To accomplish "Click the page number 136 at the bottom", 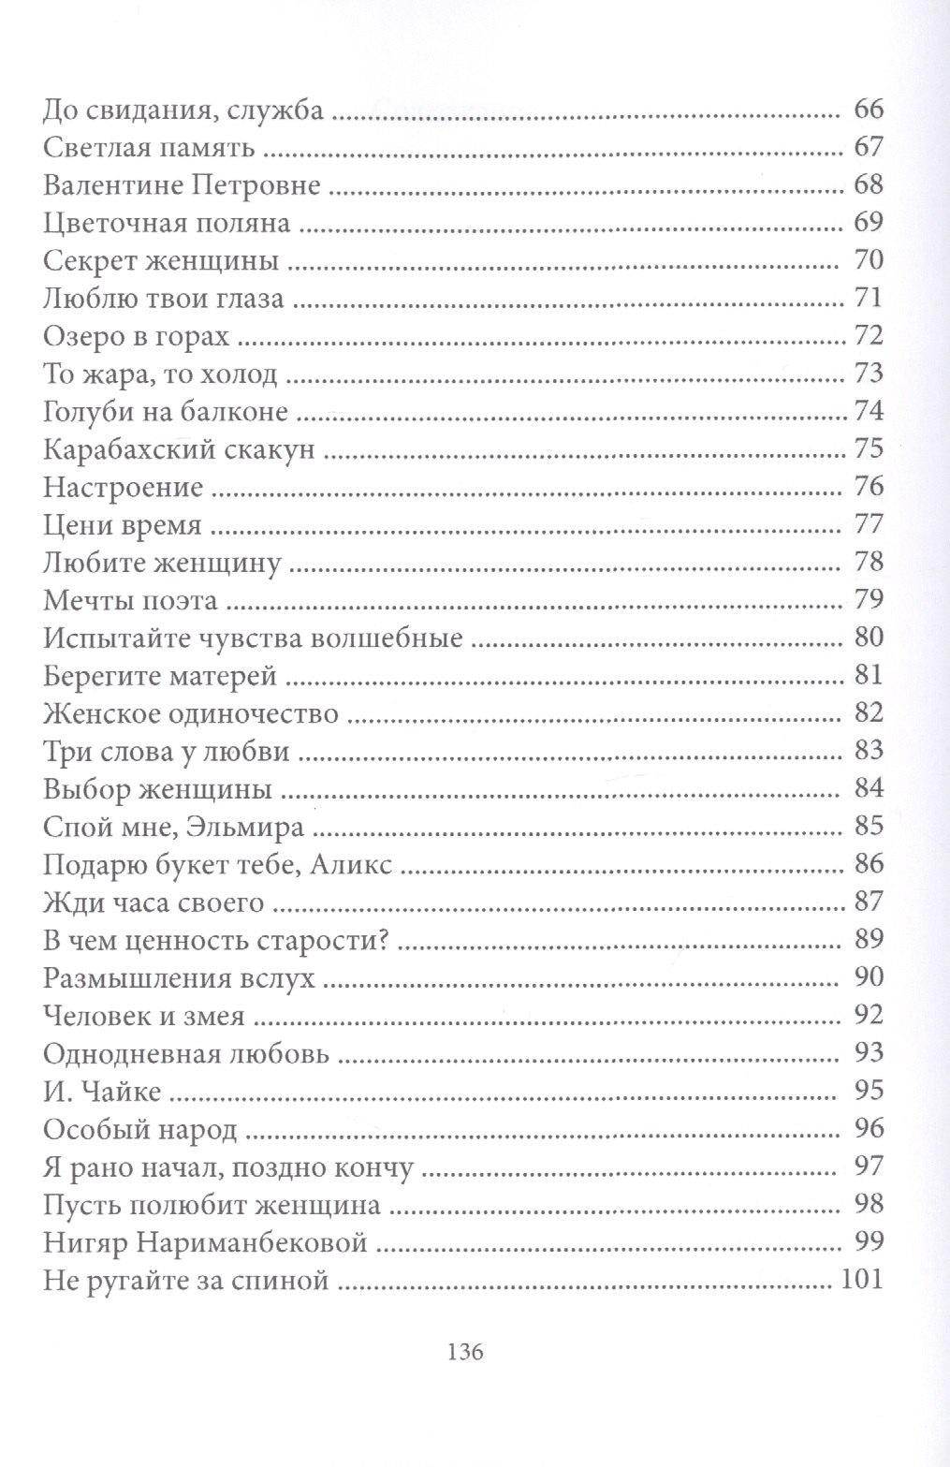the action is [x=465, y=1352].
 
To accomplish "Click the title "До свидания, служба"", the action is [x=183, y=111].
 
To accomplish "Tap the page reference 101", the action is [x=862, y=1279].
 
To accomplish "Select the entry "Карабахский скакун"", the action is [x=179, y=450].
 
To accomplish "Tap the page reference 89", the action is [x=869, y=940].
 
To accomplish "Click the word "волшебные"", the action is [x=392, y=638].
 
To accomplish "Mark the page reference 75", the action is [x=869, y=449].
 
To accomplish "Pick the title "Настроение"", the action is [x=124, y=488].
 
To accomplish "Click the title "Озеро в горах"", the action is [x=136, y=336].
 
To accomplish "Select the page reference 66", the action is [x=869, y=110].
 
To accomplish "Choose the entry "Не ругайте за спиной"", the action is [x=186, y=1280].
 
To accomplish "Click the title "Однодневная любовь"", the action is [x=186, y=1054].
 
